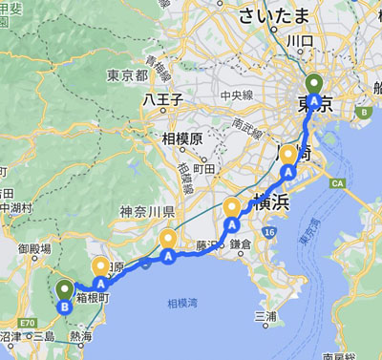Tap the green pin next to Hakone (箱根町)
(65, 290)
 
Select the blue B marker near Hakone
(64, 307)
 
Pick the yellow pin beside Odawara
(101, 268)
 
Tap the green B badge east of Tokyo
(363, 112)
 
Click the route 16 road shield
(270, 232)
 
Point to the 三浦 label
(265, 315)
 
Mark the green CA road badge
(336, 181)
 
